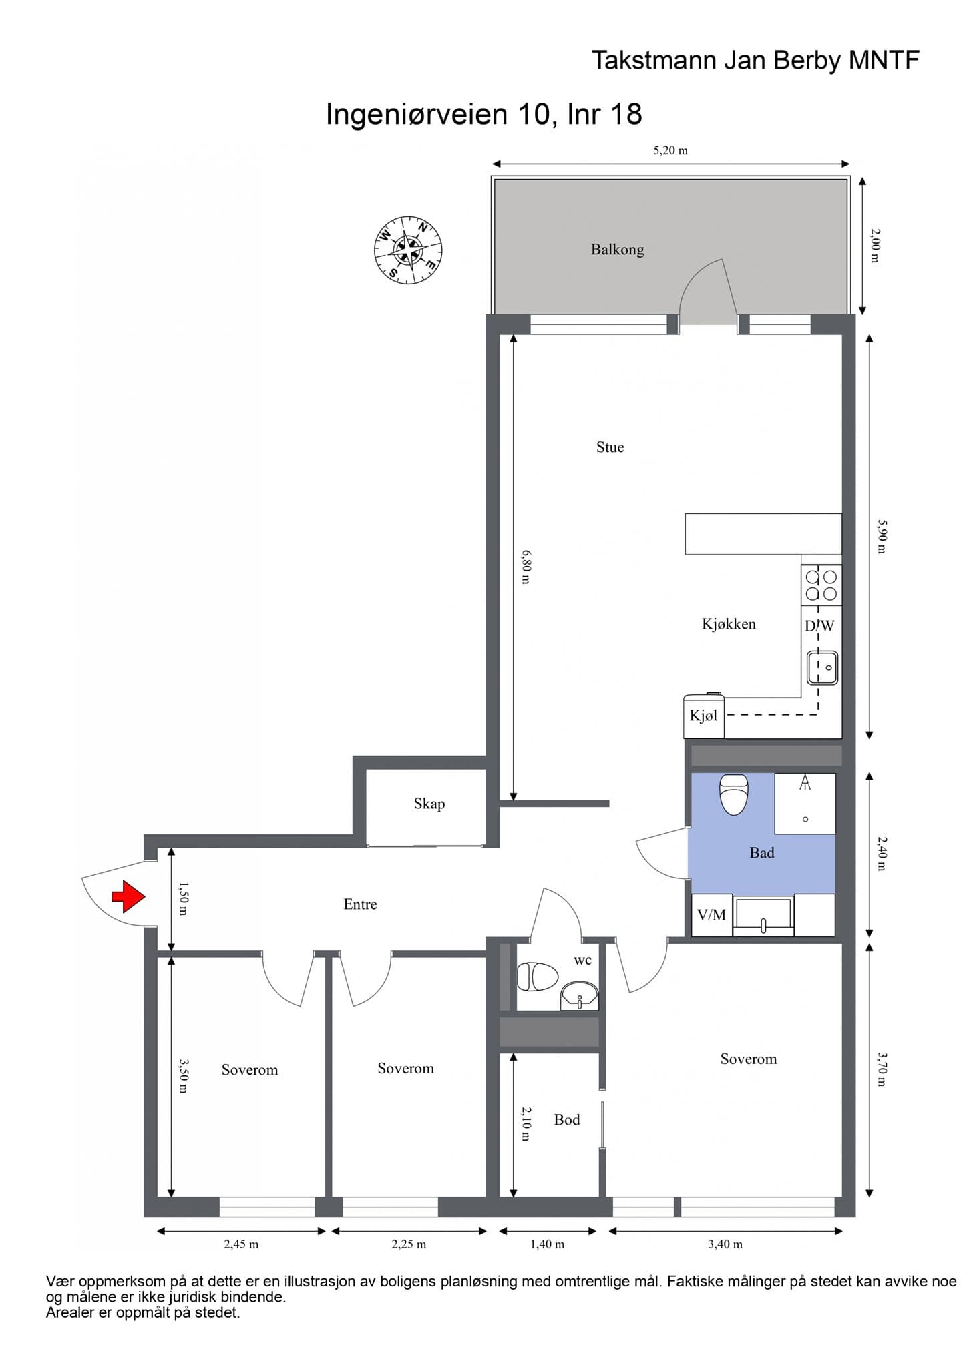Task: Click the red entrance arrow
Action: click(128, 896)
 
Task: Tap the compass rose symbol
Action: click(408, 250)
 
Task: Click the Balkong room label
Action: click(617, 250)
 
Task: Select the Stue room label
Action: click(610, 447)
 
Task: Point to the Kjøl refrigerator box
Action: click(704, 716)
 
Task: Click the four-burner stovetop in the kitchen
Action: click(821, 585)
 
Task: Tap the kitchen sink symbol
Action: click(823, 667)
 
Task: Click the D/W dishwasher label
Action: click(819, 626)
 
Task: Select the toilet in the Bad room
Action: click(733, 794)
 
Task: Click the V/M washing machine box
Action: click(712, 914)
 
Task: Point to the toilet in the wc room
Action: click(538, 977)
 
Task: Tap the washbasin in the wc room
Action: click(580, 996)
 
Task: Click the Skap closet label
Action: click(429, 804)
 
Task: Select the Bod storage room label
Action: click(567, 1120)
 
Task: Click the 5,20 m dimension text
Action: click(670, 150)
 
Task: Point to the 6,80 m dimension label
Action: click(526, 567)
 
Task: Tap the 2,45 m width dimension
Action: click(241, 1244)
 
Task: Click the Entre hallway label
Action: click(360, 904)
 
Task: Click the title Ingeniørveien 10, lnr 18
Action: click(483, 114)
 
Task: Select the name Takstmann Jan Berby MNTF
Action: click(755, 61)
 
